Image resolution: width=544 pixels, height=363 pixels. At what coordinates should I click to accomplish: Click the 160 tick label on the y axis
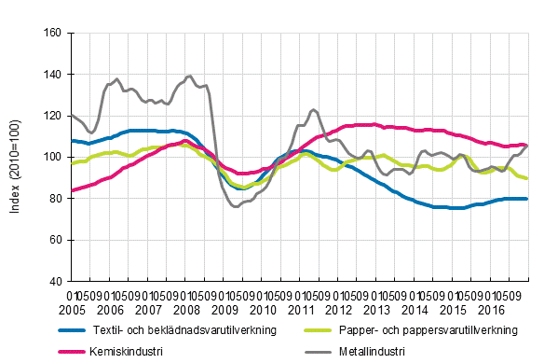pos(52,33)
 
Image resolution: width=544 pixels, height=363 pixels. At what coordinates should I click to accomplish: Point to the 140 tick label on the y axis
pos(52,74)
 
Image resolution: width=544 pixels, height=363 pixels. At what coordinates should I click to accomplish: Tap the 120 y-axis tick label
pos(52,116)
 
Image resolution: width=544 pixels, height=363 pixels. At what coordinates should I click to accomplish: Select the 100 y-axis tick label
pos(52,157)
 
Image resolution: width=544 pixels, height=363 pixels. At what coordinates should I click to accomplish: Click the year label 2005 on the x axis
pos(72,308)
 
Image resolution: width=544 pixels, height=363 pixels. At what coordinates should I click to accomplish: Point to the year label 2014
pos(415,308)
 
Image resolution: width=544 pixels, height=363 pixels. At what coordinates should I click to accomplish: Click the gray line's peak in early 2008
pos(189,76)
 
